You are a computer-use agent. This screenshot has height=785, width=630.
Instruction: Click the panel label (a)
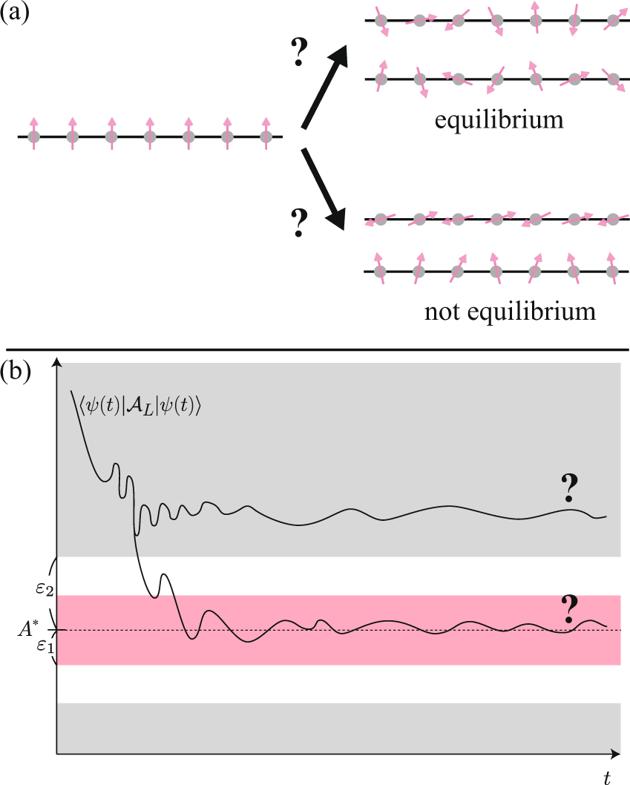tap(15, 14)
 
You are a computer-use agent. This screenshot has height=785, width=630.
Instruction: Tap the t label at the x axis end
tap(606, 776)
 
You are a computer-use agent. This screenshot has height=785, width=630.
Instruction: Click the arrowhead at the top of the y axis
tap(57, 363)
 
